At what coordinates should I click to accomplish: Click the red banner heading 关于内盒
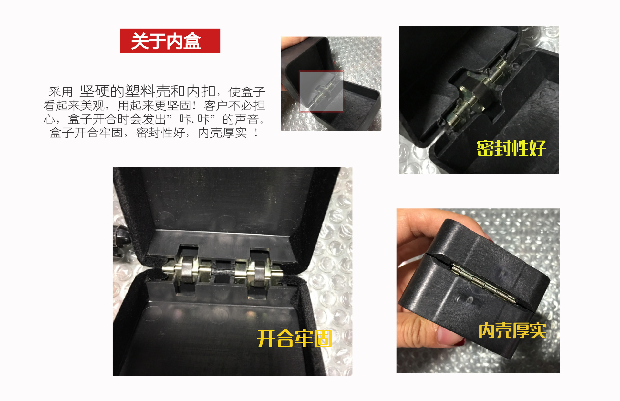coord(170,41)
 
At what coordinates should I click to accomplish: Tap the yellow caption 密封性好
coord(511,148)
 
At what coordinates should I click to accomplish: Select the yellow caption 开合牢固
coord(294,339)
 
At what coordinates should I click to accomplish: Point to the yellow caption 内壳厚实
coord(512,331)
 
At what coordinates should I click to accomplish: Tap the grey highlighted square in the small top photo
coord(321,91)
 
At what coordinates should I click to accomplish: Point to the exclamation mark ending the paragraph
coord(256,133)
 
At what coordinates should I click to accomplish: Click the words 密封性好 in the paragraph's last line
coord(160,133)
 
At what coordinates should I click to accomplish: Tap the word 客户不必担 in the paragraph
coord(234,105)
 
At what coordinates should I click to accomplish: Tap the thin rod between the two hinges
coord(223,271)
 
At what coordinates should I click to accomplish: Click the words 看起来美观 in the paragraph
coord(74,105)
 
